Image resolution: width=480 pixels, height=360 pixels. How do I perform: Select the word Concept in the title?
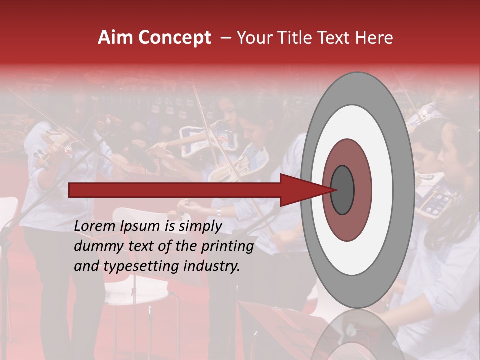174,38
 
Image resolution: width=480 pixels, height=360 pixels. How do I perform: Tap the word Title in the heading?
297,38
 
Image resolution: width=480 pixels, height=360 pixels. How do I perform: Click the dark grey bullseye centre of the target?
343,190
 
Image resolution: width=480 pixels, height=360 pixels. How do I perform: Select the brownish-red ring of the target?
360,165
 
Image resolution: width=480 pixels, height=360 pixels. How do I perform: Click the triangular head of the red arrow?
300,190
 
